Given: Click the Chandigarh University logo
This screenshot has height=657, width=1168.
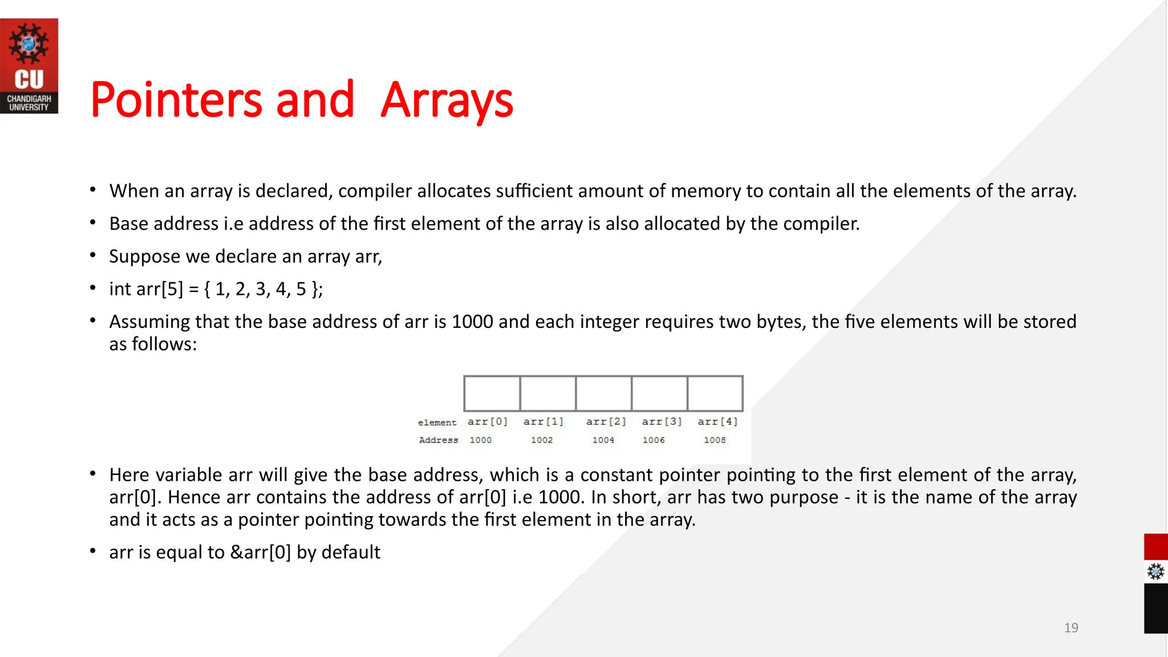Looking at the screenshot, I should [29, 66].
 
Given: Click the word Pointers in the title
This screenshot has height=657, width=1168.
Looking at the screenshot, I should [176, 100].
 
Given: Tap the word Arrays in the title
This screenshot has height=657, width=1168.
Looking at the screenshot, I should [447, 100].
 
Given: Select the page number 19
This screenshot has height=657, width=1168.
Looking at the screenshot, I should [1070, 628].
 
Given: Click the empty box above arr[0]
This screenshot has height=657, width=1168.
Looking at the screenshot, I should [492, 394].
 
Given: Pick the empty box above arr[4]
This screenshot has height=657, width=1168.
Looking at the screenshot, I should [715, 394].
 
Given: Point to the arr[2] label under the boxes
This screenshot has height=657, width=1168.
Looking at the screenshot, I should [606, 421].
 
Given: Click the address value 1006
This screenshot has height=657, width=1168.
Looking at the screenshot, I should [654, 440].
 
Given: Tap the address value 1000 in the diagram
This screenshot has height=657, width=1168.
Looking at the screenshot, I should [480, 440].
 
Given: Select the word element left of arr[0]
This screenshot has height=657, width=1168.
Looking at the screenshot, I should [437, 423].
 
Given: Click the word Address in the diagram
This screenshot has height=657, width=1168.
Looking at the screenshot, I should [438, 440].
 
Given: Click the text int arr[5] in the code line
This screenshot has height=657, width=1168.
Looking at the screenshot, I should [146, 289].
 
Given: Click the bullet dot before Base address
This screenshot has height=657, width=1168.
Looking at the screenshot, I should [92, 223].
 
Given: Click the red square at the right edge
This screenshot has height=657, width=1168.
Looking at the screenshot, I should [1155, 547].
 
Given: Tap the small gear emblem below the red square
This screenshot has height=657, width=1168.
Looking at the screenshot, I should [1155, 571].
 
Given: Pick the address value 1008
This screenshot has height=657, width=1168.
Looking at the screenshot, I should [715, 440].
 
